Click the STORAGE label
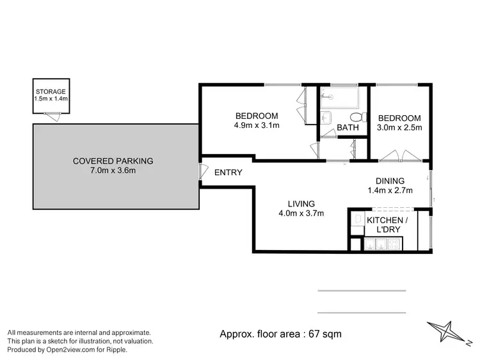click(x=51, y=91)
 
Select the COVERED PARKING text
click(x=113, y=160)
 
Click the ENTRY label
click(x=228, y=172)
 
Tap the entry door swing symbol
click(x=202, y=172)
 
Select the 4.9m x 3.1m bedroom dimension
click(x=258, y=125)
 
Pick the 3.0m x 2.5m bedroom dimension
click(x=399, y=128)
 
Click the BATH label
click(x=348, y=128)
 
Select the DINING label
click(x=390, y=181)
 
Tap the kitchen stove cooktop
click(x=390, y=244)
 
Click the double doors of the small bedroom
click(x=400, y=155)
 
